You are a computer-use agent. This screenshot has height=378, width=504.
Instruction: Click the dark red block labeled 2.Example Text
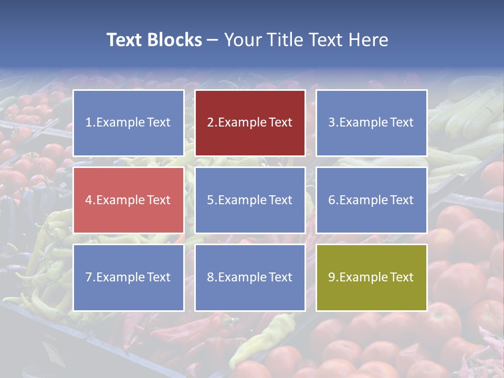pos(250,123)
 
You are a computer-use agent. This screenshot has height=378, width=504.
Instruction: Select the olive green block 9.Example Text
pos(371,277)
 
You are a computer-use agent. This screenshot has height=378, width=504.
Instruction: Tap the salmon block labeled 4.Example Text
pos(129,200)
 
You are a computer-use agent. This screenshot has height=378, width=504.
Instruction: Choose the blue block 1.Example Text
pos(129,123)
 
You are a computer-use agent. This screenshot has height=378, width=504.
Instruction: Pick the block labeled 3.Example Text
pos(371,123)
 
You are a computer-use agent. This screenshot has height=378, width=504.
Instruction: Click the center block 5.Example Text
pos(250,200)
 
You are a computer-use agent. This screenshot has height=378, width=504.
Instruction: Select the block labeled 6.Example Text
pos(371,200)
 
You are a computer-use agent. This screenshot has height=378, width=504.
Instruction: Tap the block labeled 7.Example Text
pos(129,277)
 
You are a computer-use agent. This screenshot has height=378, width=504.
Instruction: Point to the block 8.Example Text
pos(250,277)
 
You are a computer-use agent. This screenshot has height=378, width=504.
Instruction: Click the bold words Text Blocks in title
pos(154,40)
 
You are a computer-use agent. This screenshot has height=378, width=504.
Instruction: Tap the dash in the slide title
pos(213,40)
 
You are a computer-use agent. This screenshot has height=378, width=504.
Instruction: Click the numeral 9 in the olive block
pos(332,277)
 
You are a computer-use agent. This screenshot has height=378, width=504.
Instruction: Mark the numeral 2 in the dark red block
pos(211,123)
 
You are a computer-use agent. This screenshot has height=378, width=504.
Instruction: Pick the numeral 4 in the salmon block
pos(89,200)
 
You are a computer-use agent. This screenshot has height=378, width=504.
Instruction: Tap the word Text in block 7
pos(159,277)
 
